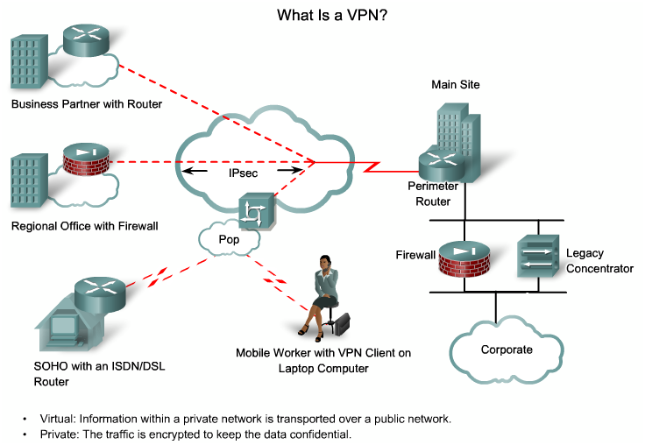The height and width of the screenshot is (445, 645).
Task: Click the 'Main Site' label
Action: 455,84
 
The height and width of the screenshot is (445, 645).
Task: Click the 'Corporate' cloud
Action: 507,350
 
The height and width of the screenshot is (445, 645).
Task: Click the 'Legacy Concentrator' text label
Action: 599,261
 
